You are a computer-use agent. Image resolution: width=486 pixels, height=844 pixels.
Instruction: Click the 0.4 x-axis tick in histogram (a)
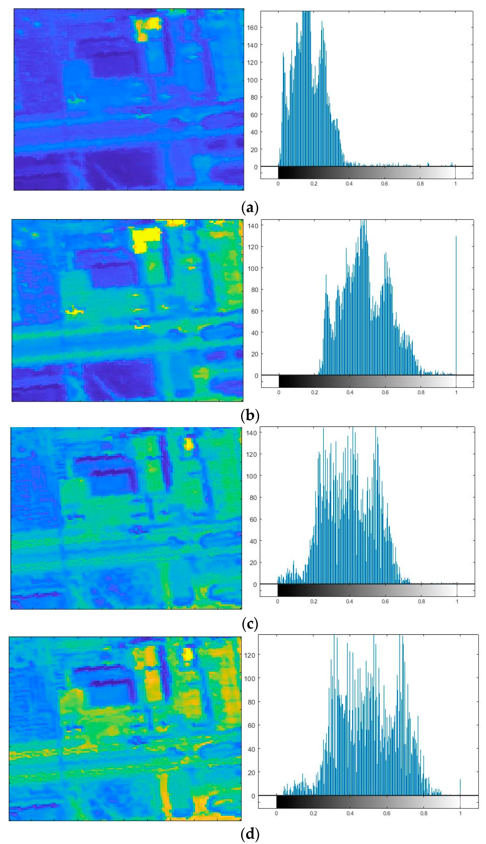(x=349, y=184)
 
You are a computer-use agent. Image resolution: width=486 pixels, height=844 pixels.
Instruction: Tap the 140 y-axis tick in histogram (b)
(x=253, y=226)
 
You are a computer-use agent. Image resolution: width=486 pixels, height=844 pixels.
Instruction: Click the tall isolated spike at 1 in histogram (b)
(x=456, y=300)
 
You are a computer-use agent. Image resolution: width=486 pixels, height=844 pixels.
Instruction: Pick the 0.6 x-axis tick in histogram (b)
(x=385, y=392)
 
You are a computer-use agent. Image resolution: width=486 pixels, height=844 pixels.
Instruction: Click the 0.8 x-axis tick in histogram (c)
(x=421, y=601)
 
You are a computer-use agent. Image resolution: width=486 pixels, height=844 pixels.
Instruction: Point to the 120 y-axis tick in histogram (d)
(x=250, y=655)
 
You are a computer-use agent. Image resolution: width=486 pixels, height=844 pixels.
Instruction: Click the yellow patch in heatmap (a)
(x=149, y=27)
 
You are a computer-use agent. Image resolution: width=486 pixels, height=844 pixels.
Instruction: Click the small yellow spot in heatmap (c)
(x=189, y=444)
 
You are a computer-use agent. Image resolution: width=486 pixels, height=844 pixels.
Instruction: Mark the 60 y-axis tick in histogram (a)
(x=254, y=115)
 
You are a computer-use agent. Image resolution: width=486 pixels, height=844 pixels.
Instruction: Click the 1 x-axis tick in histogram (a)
(x=455, y=184)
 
